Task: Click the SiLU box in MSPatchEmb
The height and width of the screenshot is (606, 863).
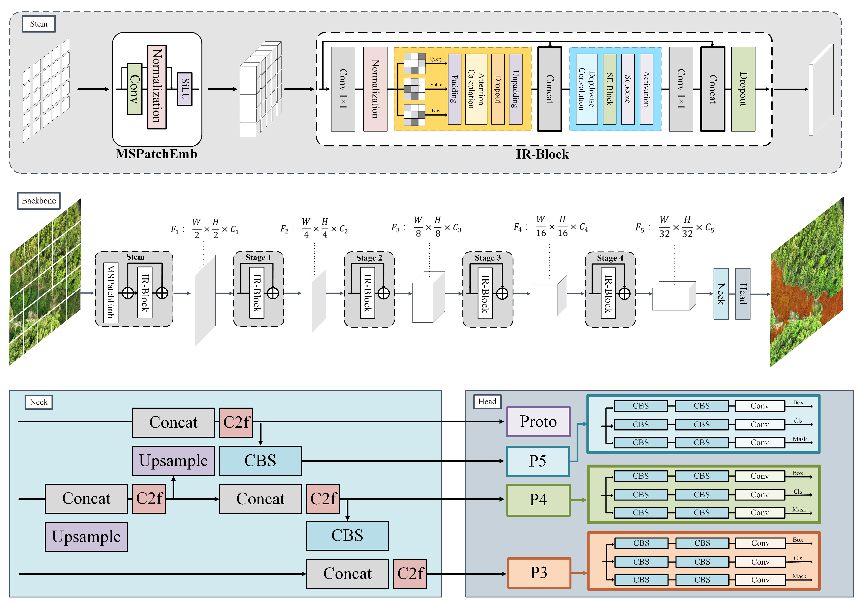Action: pyautogui.click(x=185, y=89)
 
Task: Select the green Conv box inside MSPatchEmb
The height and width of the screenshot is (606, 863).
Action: pyautogui.click(x=135, y=89)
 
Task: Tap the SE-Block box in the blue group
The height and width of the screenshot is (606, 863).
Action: pyautogui.click(x=609, y=89)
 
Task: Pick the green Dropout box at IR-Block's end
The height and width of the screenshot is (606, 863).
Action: pyautogui.click(x=743, y=89)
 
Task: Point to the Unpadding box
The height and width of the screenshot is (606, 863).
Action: pyautogui.click(x=515, y=89)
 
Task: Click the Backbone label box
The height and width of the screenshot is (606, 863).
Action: pyautogui.click(x=39, y=201)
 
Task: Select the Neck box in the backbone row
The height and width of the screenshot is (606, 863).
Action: pyautogui.click(x=720, y=294)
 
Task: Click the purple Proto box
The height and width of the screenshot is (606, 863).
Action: pyautogui.click(x=538, y=422)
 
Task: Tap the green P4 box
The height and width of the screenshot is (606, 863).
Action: pyautogui.click(x=538, y=500)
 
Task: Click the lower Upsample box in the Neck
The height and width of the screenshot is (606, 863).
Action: pyautogui.click(x=86, y=537)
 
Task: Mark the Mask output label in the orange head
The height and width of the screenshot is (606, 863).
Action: pyautogui.click(x=799, y=576)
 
